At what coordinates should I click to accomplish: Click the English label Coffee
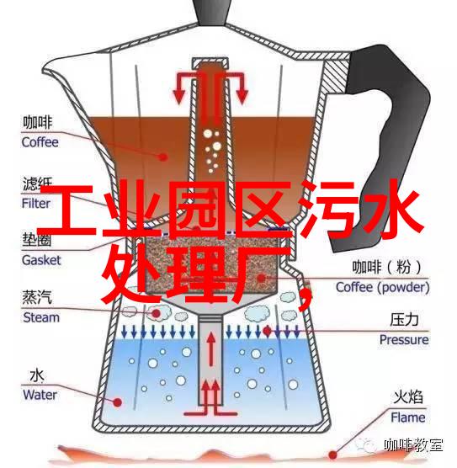[x=40, y=142]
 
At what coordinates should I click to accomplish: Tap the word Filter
[x=36, y=204]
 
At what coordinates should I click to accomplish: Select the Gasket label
[x=41, y=260]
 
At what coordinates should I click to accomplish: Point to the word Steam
[x=41, y=317]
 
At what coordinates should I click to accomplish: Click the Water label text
[x=40, y=395]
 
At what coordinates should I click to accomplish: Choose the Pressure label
[x=404, y=340]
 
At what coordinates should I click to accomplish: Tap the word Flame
[x=408, y=417]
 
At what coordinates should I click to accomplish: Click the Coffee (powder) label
[x=383, y=287]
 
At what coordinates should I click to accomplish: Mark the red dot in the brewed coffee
[x=163, y=157]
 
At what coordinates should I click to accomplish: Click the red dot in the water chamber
[x=118, y=402]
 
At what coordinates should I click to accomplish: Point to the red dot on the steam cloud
[x=156, y=313]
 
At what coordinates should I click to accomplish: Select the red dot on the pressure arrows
[x=267, y=331]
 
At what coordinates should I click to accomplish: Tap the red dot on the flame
[x=332, y=455]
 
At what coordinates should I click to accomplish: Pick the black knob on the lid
[x=213, y=12]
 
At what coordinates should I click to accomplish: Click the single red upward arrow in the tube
[x=211, y=349]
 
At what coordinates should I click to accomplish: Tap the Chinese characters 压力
[x=404, y=319]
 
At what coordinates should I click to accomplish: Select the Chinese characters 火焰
[x=408, y=397]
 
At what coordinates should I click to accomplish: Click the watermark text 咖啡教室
[x=413, y=445]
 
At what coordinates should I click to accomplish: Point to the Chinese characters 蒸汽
[x=37, y=297]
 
